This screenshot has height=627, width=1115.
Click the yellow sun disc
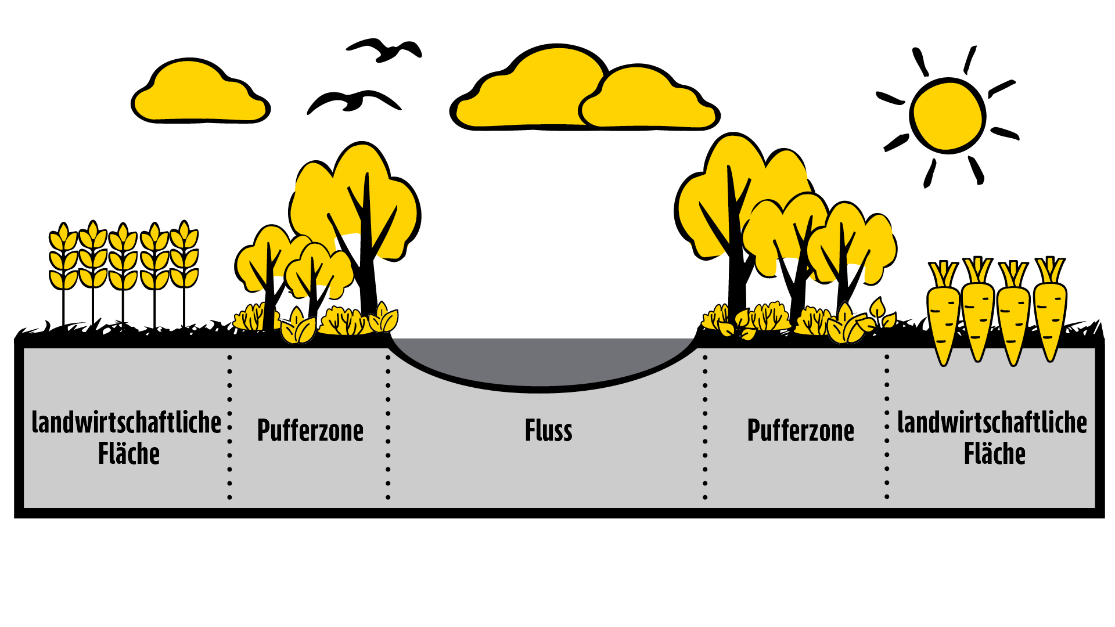coord(948,116)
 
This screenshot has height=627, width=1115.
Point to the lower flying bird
coord(354,101)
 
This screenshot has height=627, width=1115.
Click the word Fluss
coord(548,431)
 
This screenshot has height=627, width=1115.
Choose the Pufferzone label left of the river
coord(310,431)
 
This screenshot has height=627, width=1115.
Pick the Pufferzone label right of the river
coord(800,431)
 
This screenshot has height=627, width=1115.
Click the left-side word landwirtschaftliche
coord(126,422)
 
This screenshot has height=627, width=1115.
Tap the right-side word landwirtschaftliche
coord(992,422)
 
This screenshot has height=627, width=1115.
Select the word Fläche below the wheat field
coord(128,454)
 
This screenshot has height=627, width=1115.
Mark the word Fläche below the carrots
coord(994,454)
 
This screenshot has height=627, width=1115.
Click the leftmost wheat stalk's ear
coord(63,255)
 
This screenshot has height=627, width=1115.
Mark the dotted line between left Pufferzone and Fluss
coord(388,427)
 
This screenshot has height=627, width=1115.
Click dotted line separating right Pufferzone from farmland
coord(887,427)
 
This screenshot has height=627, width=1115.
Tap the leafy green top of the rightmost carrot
coord(1050,269)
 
